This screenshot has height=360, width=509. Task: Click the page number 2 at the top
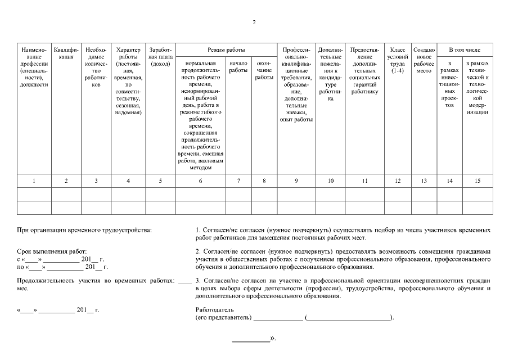(254, 22)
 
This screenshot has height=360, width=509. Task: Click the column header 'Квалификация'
(66, 53)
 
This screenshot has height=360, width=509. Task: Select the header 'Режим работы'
(226, 50)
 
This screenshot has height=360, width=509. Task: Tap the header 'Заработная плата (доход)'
(160, 53)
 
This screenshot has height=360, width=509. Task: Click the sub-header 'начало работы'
(238, 67)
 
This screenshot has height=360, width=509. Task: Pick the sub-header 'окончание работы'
(264, 70)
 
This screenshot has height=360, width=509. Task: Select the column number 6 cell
(201, 181)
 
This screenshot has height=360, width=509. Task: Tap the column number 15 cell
(477, 181)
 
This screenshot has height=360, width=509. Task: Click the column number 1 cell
(34, 181)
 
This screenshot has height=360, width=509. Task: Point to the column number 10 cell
(330, 181)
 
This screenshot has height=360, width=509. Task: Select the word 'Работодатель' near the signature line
(214, 310)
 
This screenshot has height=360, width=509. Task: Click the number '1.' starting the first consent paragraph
(198, 230)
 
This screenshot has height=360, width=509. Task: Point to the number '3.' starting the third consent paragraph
(198, 280)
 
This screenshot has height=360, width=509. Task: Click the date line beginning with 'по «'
(62, 267)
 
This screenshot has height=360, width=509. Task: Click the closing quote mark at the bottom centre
(273, 339)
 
